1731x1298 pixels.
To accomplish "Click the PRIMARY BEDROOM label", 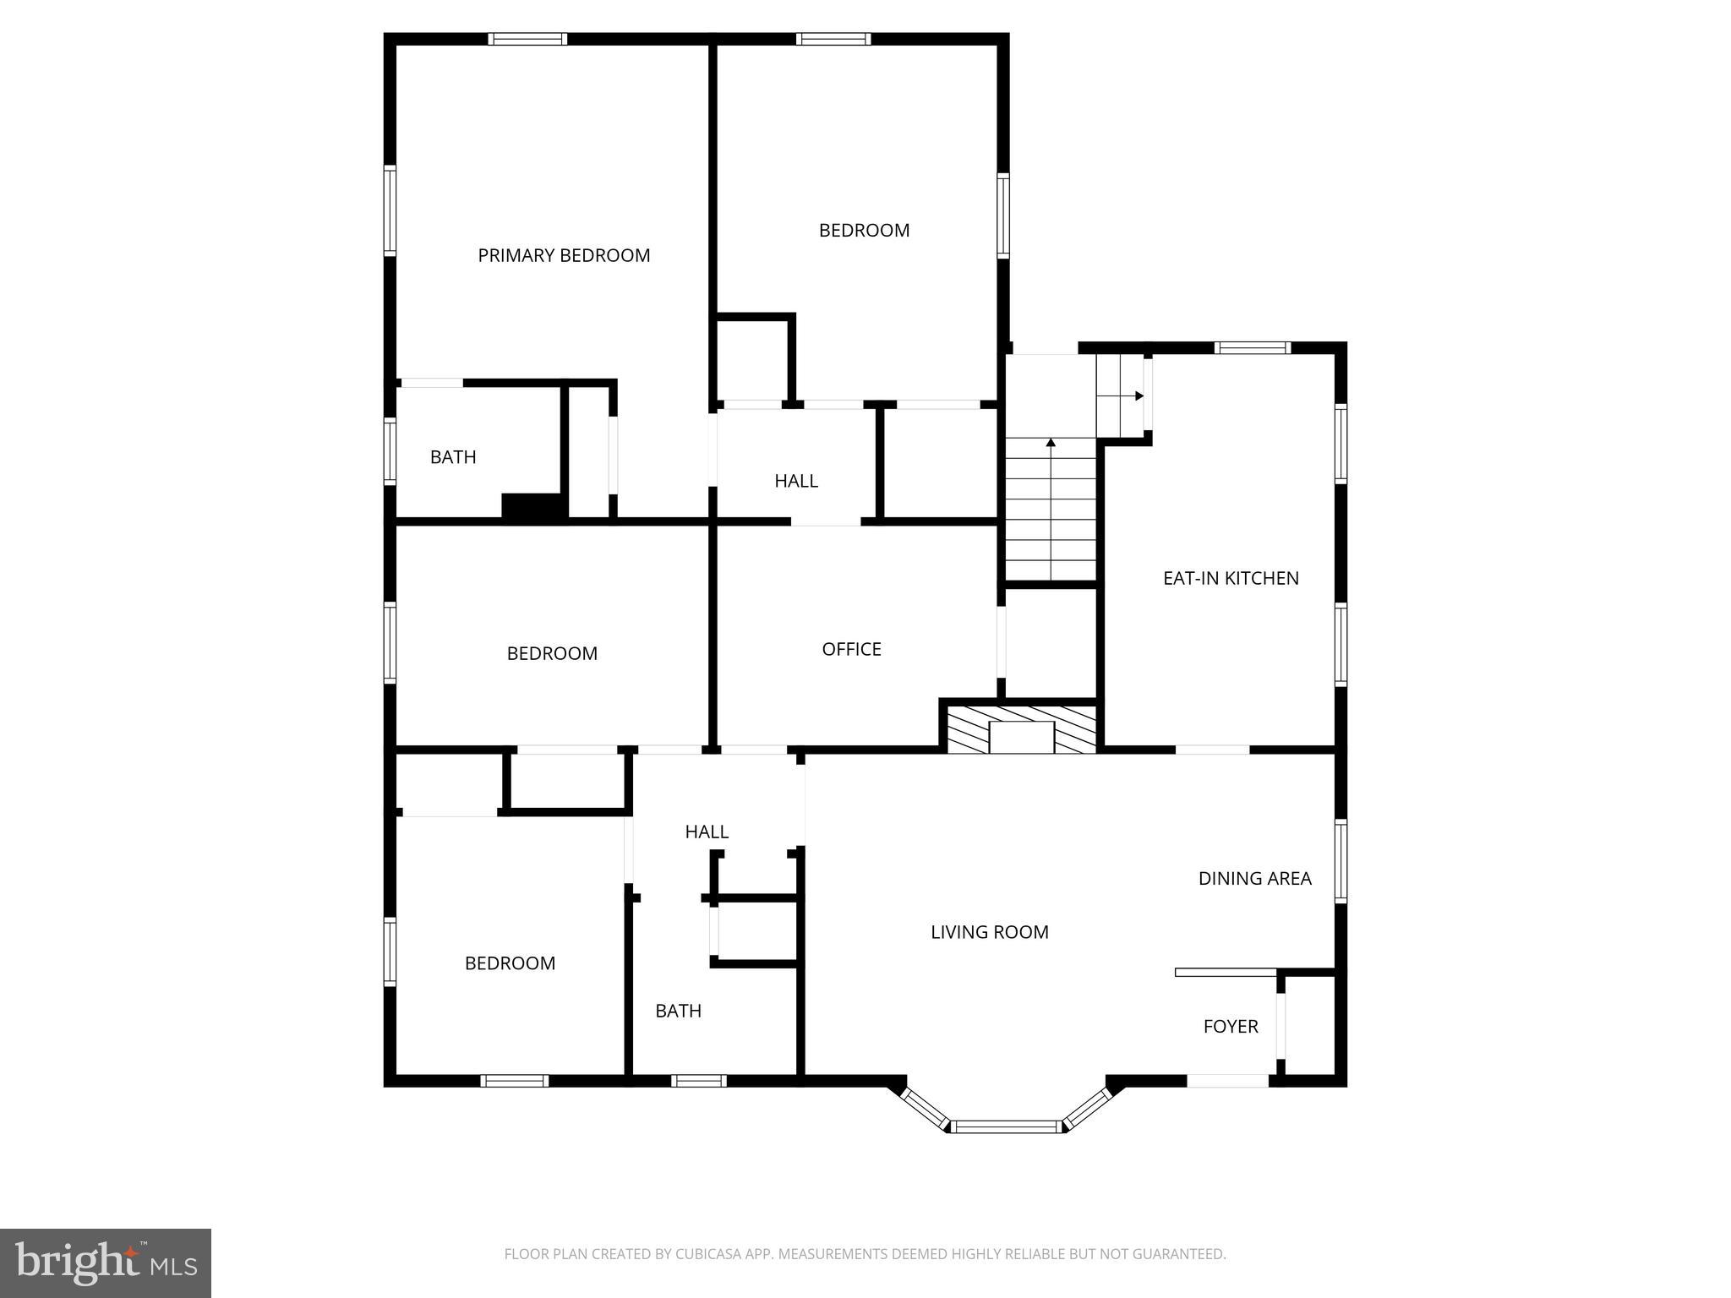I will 564,255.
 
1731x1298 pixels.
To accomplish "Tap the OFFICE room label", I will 851,649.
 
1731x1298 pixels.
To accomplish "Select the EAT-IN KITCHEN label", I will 1231,578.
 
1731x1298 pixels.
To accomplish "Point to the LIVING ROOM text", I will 989,932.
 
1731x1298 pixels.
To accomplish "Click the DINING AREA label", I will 1254,878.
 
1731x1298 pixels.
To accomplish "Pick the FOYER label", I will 1231,1026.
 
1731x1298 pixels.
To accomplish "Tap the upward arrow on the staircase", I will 1051,443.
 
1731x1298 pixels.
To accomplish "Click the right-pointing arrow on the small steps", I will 1138,395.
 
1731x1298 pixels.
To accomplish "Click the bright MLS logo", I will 106,1263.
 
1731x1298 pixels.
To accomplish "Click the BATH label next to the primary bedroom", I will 453,457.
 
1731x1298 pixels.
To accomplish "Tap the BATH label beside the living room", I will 678,1011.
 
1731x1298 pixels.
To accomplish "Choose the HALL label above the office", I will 796,481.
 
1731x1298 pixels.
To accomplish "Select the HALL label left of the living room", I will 707,832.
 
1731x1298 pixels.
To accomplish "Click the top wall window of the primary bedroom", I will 527,39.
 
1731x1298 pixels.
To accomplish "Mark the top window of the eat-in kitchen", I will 1252,347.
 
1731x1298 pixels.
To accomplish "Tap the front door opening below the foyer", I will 1228,1081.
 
